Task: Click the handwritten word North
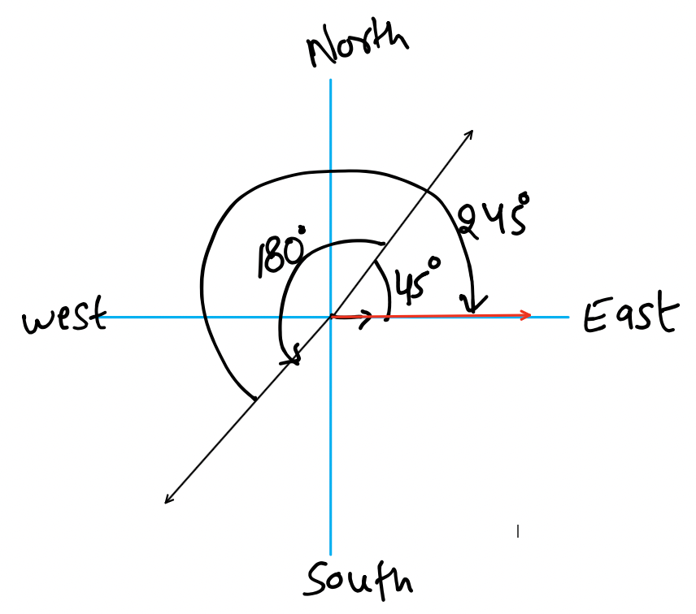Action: (x=357, y=45)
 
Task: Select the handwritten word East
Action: (x=630, y=312)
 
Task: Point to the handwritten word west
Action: (x=65, y=315)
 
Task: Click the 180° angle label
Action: (x=281, y=252)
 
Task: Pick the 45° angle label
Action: (x=417, y=281)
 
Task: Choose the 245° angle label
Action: (x=494, y=216)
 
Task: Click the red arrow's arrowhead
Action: (x=526, y=315)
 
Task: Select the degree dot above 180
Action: (x=302, y=230)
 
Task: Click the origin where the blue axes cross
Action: (x=331, y=317)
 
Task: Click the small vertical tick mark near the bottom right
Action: (x=518, y=531)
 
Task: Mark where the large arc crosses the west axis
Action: (x=203, y=317)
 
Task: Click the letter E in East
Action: (x=594, y=316)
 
